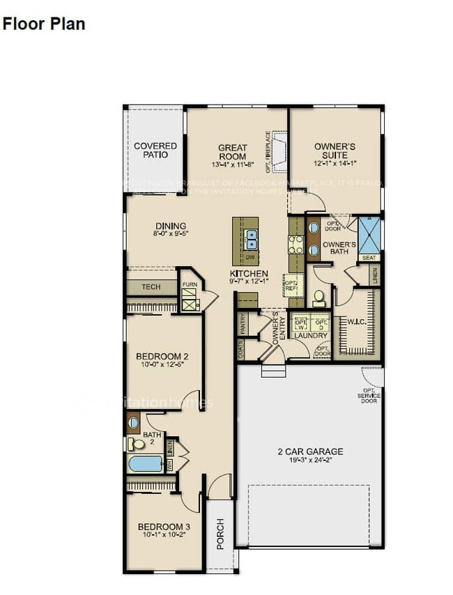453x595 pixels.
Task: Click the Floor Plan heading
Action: pos(43,24)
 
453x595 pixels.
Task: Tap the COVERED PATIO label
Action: pos(155,150)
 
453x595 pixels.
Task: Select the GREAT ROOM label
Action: pos(233,152)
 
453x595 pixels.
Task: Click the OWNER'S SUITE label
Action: pos(335,150)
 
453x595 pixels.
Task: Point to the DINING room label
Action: pos(171,226)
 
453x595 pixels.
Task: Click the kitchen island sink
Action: pos(251,239)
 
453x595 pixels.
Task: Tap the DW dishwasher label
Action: pos(248,257)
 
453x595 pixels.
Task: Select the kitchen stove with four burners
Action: pos(295,245)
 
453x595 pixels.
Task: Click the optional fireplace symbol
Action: pos(280,150)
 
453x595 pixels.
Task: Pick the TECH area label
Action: pos(151,287)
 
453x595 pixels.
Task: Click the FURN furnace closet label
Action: pos(189,285)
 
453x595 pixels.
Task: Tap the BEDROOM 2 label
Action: pos(162,356)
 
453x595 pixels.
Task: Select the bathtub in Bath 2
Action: pos(146,463)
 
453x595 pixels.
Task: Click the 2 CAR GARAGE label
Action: pos(309,451)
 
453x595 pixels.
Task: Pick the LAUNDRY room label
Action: pos(310,336)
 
